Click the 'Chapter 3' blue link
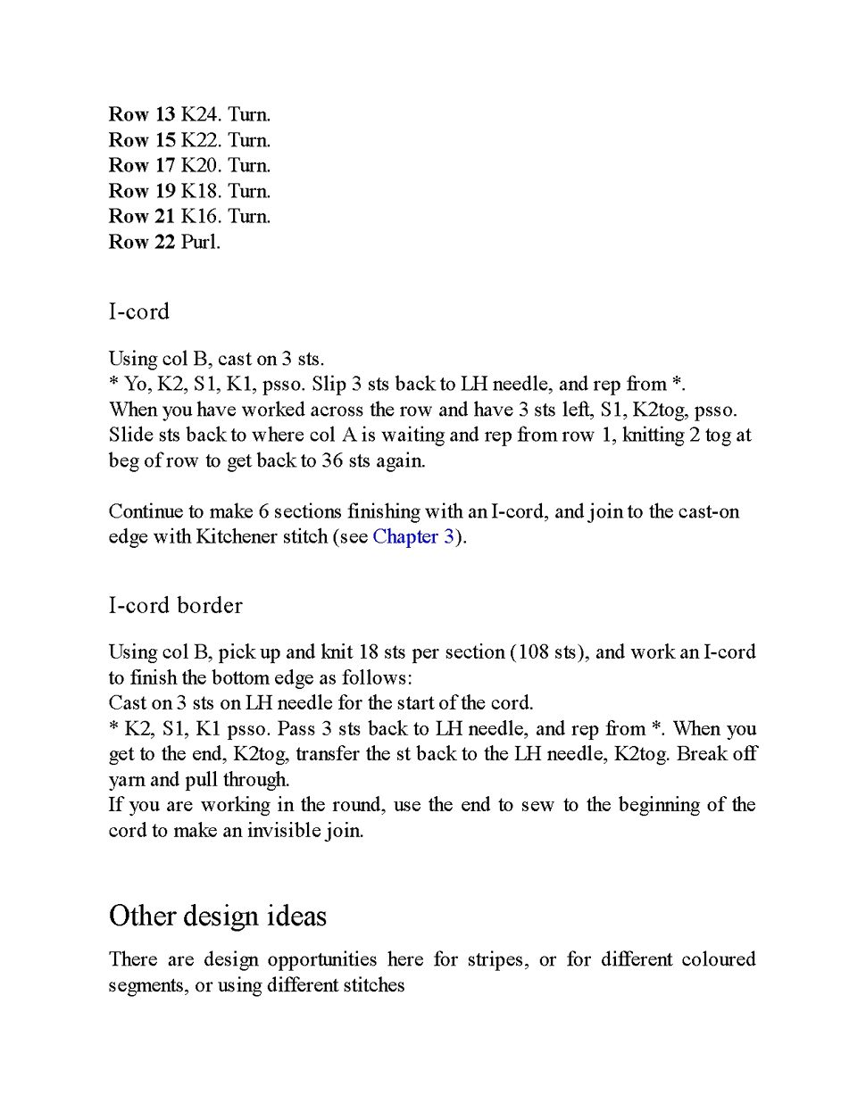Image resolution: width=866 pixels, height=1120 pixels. pos(413,537)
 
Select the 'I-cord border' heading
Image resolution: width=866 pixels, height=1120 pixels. pos(175,606)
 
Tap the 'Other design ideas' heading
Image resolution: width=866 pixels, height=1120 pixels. pos(218,916)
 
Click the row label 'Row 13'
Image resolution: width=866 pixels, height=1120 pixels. pos(141,114)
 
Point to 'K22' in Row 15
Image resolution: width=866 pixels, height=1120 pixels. pos(200,140)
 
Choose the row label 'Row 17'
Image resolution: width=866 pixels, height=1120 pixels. pos(141,165)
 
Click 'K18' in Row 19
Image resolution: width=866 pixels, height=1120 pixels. pos(200,191)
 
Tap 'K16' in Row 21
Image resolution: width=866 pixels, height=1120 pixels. pos(200,216)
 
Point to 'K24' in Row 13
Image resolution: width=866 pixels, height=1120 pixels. pos(200,114)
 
